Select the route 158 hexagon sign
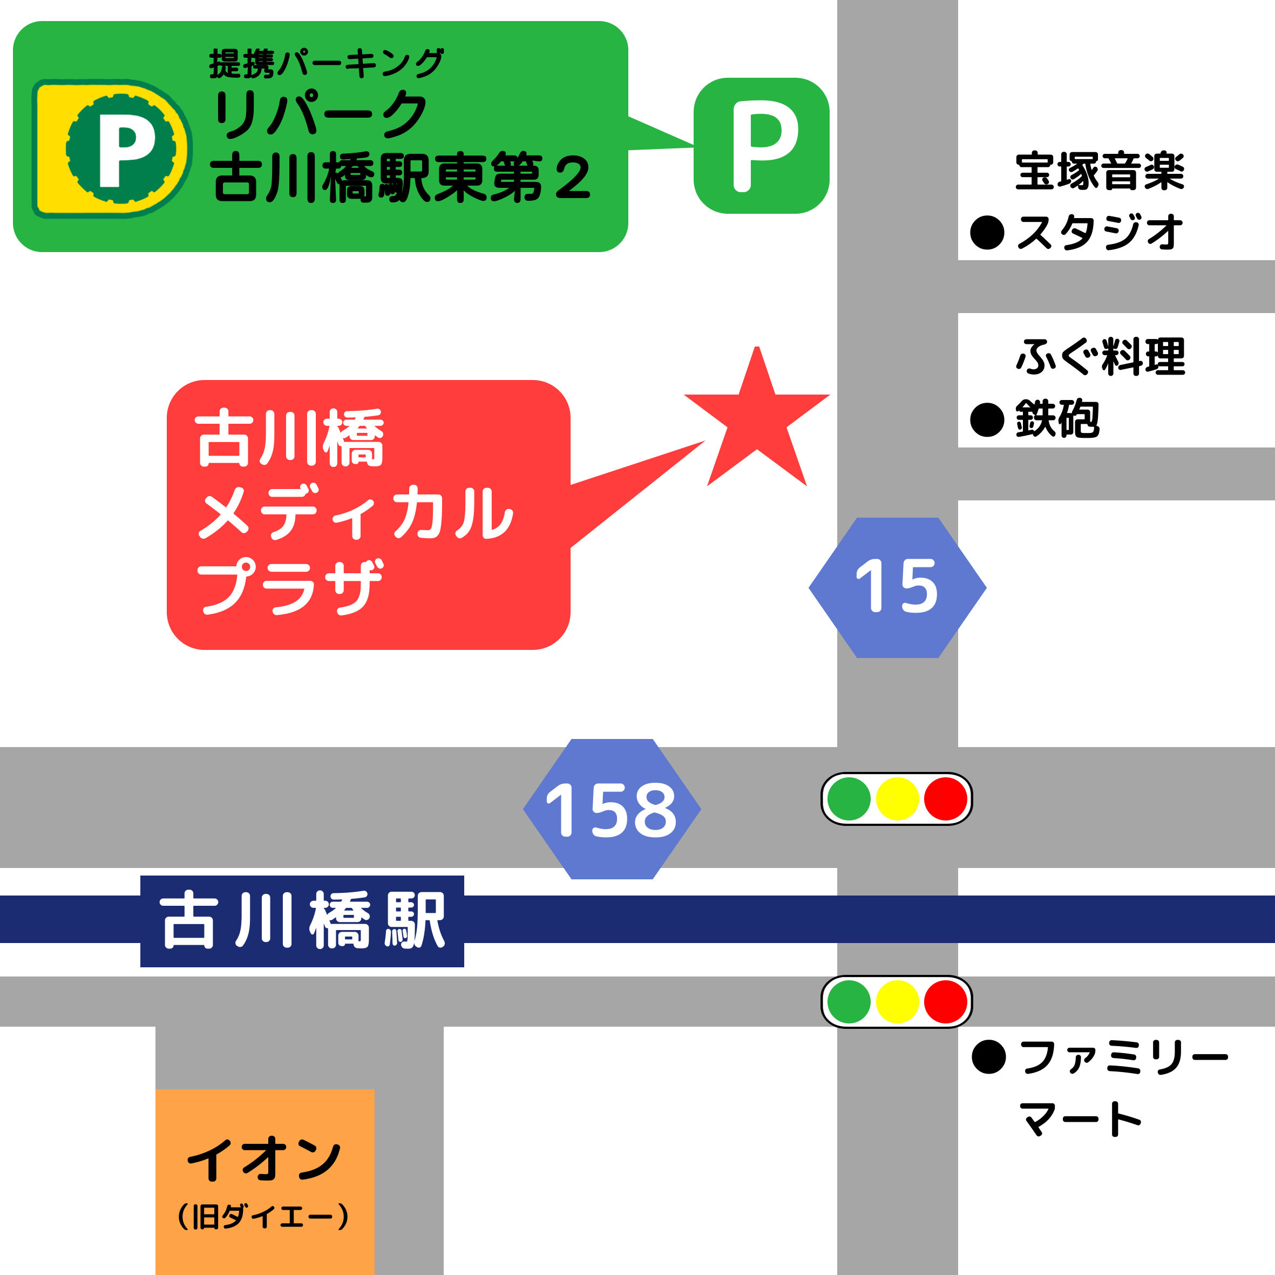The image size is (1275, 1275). (612, 809)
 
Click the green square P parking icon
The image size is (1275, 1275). (761, 146)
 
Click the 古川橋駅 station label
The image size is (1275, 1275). (302, 921)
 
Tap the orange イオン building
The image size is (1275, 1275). (265, 1181)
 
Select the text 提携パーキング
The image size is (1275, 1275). (326, 64)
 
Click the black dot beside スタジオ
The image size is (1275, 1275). (987, 233)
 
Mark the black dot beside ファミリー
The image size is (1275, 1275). (988, 1057)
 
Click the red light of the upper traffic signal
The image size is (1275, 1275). (945, 798)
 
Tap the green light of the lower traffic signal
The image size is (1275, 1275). (849, 1002)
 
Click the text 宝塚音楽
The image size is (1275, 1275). (1100, 172)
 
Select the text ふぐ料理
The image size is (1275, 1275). (1100, 357)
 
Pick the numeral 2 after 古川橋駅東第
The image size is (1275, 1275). (572, 178)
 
